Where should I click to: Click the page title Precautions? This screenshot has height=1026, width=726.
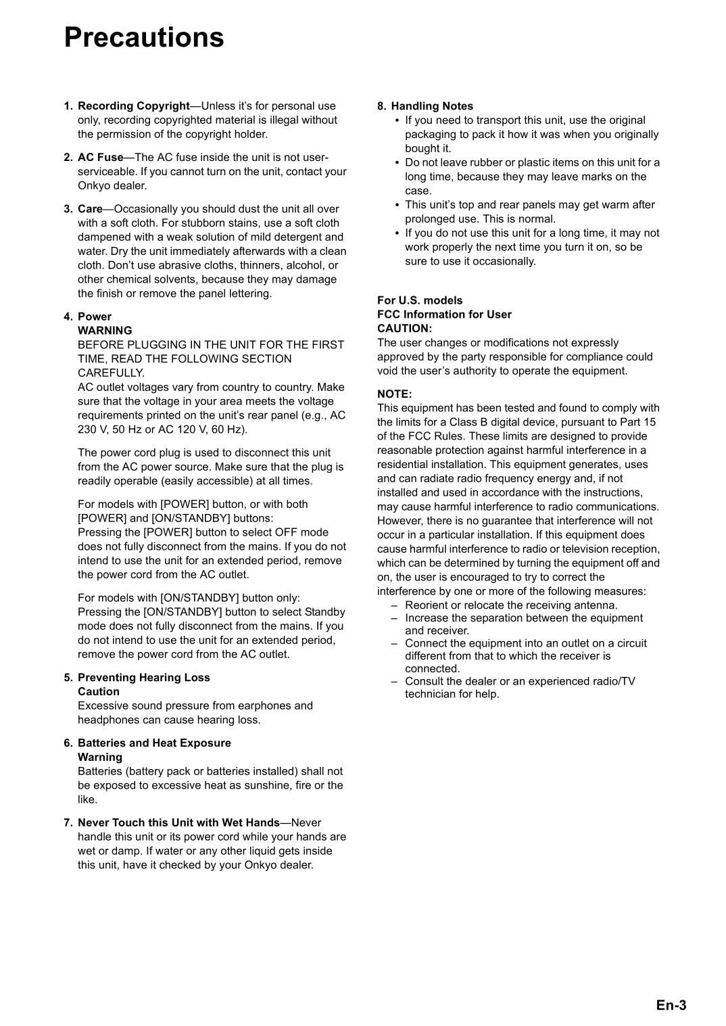[144, 37]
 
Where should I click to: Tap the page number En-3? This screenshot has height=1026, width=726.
[671, 1005]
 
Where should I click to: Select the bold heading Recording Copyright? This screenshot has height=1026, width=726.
[134, 106]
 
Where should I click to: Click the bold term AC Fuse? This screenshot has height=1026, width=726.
[100, 158]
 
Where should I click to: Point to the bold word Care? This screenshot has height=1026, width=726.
[90, 209]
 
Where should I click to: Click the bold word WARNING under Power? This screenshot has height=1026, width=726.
[105, 331]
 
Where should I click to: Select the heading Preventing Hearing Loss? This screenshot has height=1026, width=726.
[144, 678]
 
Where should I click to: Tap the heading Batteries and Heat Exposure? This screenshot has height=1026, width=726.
[154, 743]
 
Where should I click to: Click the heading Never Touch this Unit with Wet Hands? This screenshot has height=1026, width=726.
[178, 823]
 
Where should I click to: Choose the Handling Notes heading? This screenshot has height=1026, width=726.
[432, 106]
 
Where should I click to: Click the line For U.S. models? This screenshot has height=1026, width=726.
[420, 300]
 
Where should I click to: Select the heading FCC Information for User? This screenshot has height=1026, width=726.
[444, 314]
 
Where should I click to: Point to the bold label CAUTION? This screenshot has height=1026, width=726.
[404, 329]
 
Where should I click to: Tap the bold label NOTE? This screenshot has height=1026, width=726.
[394, 394]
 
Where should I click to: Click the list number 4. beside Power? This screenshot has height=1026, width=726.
[68, 317]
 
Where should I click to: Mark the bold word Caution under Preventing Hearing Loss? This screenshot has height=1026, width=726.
[99, 692]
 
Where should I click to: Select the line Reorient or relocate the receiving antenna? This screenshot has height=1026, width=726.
[511, 605]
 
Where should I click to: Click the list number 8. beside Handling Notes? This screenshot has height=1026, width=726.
[382, 106]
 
